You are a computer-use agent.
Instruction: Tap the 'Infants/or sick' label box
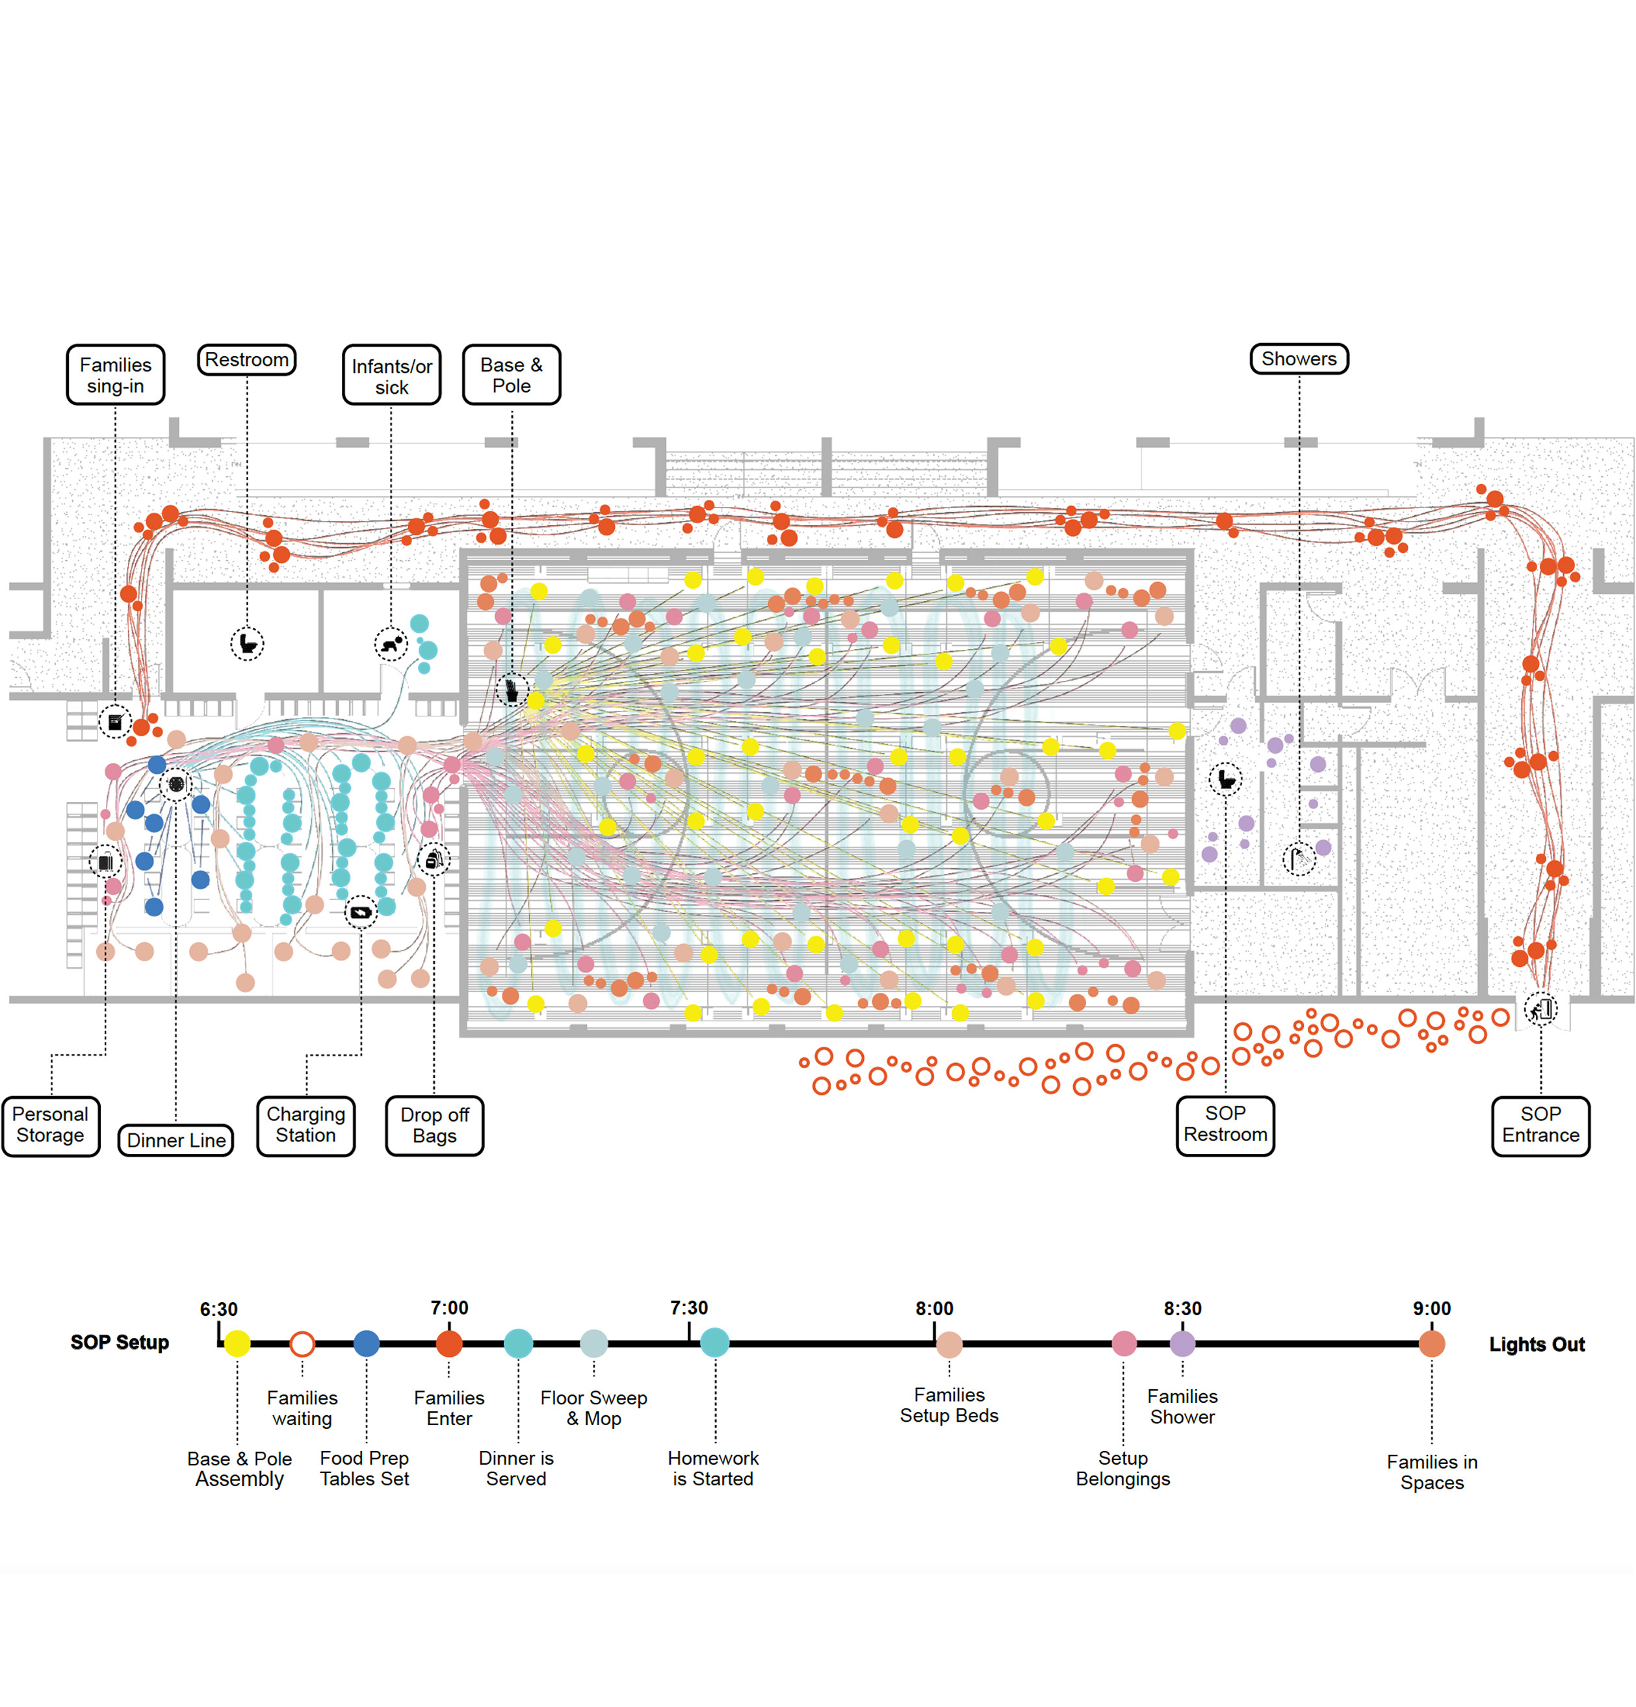click(x=391, y=376)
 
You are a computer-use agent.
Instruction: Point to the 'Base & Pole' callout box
click(x=512, y=376)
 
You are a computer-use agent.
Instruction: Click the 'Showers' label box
click(x=1298, y=359)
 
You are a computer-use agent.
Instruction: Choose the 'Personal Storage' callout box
click(x=51, y=1125)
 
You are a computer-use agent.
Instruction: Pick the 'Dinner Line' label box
click(x=176, y=1140)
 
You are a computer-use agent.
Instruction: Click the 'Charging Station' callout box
click(x=305, y=1125)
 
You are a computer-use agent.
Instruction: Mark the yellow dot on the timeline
click(x=237, y=1343)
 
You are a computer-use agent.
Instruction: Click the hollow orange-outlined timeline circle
click(x=302, y=1343)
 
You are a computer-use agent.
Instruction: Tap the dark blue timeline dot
click(x=367, y=1343)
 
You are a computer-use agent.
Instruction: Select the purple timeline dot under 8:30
click(x=1182, y=1343)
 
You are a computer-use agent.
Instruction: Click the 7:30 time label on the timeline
click(x=688, y=1308)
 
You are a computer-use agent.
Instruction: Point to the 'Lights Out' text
click(x=1536, y=1344)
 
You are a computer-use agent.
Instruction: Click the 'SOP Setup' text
click(x=120, y=1342)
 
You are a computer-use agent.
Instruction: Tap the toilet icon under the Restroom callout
click(x=248, y=643)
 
